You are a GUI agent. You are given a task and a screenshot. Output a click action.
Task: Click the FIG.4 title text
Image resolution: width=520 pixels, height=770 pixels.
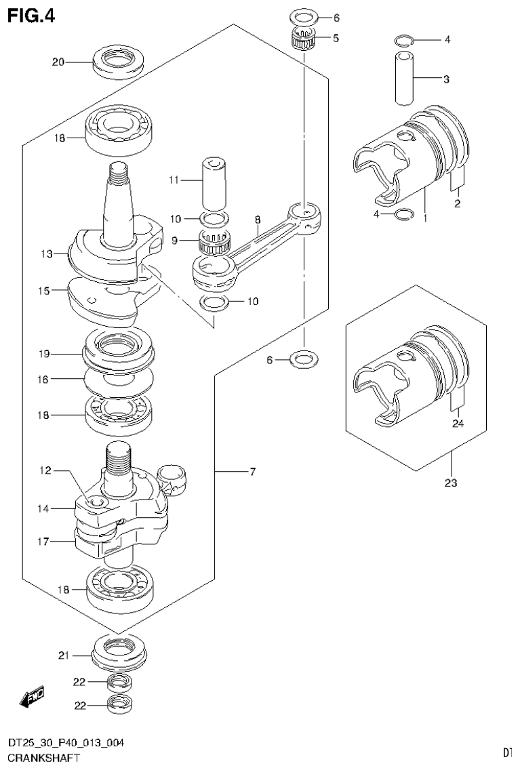click(31, 14)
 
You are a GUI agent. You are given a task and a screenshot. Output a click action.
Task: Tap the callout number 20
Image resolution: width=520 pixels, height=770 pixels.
click(58, 63)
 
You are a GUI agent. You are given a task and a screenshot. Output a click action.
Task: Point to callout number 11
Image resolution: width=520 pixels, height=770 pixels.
click(173, 180)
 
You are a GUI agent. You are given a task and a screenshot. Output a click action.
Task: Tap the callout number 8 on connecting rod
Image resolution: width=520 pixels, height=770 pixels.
click(258, 220)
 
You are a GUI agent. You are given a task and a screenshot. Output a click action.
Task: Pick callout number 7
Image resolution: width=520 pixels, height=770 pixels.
click(252, 472)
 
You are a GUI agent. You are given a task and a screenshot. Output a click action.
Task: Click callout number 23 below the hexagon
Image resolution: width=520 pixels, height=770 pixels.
click(451, 483)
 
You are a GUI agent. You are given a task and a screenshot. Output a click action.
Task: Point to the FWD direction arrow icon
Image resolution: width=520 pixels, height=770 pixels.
click(32, 696)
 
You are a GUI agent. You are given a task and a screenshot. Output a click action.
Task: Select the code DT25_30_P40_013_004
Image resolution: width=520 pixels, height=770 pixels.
click(65, 744)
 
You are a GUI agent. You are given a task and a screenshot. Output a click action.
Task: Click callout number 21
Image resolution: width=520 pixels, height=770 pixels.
click(64, 655)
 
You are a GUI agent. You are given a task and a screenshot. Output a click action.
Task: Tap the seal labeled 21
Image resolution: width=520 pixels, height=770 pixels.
click(119, 651)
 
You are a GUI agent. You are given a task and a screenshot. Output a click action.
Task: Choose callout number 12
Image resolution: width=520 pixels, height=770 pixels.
click(45, 470)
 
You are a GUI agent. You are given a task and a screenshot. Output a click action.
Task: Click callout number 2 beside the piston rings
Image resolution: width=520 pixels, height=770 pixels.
click(458, 203)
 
